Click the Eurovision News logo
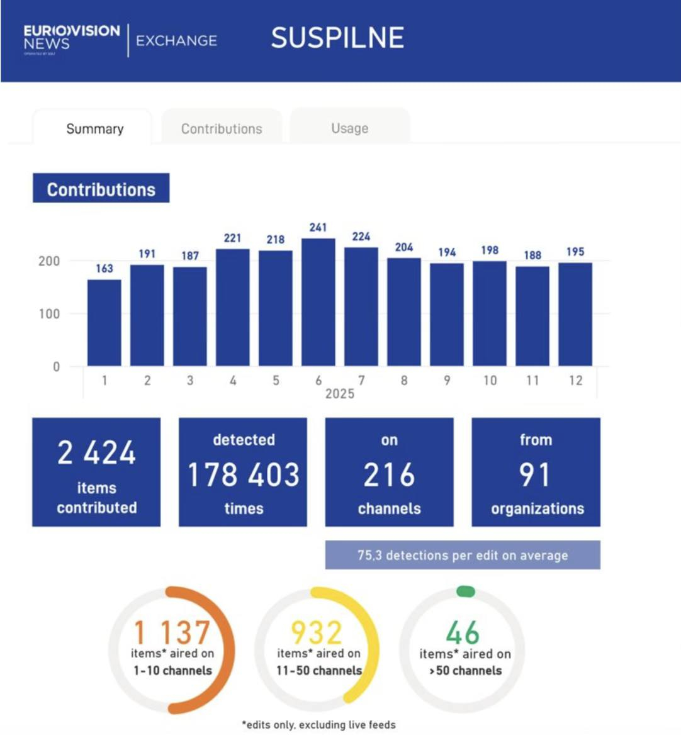pos(71,39)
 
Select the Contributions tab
pos(222,129)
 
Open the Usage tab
pos(349,128)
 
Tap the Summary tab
pos(94,129)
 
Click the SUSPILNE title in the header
pos(337,38)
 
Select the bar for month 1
pos(104,323)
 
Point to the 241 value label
pos(318,227)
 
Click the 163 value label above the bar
pos(104,269)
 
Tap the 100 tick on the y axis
pos(49,313)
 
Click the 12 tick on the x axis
pos(575,380)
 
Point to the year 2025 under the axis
pos(340,394)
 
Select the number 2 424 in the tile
pos(96,453)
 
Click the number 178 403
pos(244,474)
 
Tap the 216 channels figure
pos(389,475)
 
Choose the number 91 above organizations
pos(535,474)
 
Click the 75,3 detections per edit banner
pos(463,555)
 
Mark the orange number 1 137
pos(172,632)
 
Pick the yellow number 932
pos(317,632)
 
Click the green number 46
pos(463,632)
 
